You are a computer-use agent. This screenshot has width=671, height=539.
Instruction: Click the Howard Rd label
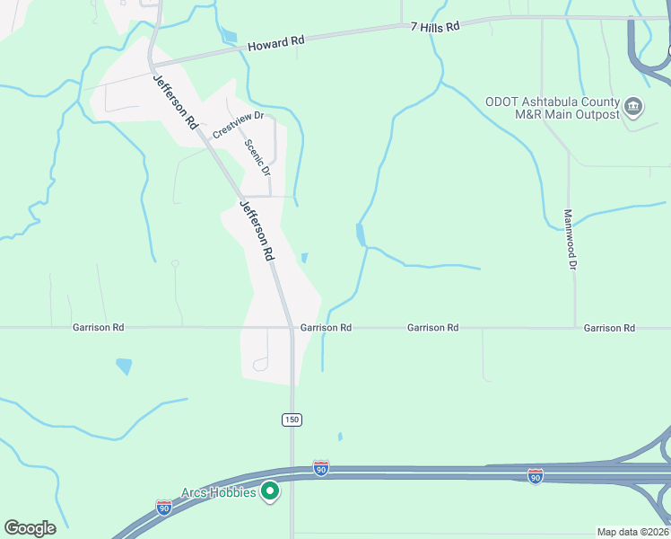tap(276, 42)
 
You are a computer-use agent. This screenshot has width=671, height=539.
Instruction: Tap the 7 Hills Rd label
tap(435, 27)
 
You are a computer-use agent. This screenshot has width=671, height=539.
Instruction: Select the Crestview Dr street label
tap(238, 124)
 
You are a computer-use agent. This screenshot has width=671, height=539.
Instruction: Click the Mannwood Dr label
tap(569, 240)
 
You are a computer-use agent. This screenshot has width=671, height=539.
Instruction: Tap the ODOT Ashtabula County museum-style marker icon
tap(633, 108)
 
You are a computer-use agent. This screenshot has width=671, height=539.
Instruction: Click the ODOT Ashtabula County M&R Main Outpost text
tap(553, 108)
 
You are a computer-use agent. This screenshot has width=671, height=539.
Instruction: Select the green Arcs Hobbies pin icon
tap(270, 491)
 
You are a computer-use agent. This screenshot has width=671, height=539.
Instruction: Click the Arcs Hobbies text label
tap(219, 491)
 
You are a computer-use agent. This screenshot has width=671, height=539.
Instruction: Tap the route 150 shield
tap(291, 420)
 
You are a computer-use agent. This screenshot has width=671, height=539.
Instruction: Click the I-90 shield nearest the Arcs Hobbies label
tap(163, 508)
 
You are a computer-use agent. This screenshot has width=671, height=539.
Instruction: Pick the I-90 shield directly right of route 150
tap(321, 468)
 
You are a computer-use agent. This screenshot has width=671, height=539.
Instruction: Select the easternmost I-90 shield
tap(535, 475)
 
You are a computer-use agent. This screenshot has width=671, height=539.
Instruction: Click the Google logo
tap(30, 528)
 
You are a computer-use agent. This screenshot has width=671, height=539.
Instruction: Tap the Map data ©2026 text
tap(632, 532)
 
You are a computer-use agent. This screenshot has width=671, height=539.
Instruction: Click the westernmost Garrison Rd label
tap(99, 328)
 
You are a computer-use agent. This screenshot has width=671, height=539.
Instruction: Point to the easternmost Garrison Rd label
tap(609, 328)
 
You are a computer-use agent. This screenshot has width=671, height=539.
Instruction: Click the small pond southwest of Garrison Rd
tap(124, 367)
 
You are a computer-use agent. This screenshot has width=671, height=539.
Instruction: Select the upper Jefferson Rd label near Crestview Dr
tap(175, 101)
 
